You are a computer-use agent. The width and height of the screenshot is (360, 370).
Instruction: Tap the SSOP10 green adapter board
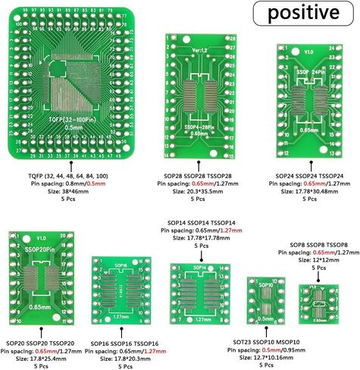click(x=266, y=307)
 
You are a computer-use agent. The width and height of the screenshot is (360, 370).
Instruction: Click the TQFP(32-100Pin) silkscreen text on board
click(x=73, y=119)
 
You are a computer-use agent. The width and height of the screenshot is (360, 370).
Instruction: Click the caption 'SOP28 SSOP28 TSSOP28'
click(x=197, y=176)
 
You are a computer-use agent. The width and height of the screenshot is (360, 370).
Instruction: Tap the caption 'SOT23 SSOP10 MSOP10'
click(x=266, y=342)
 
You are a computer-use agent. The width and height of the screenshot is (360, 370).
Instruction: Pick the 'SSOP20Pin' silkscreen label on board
click(x=39, y=249)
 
